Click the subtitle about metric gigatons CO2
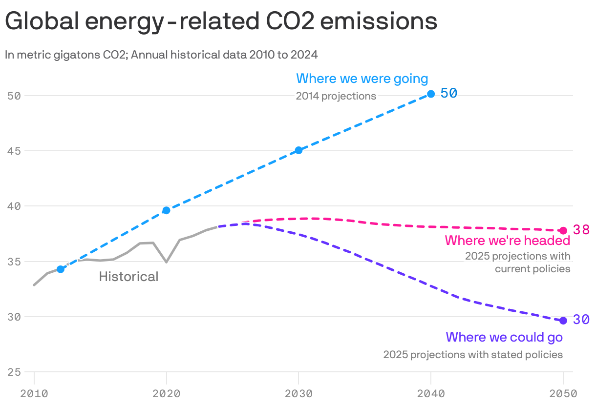pos(161,55)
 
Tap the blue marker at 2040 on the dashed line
pos(431,94)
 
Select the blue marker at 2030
pos(298,150)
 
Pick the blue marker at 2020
pos(166,210)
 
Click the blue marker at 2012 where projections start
pos(61,269)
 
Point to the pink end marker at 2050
pos(563,230)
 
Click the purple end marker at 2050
pos(563,321)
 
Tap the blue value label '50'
pos(448,93)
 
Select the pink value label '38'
pos(581,229)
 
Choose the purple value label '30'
pos(581,320)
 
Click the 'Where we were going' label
pos(362,79)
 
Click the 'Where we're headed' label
pos(508,241)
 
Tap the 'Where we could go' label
pos(504,337)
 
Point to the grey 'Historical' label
pos(128,277)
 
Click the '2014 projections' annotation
pos(336,96)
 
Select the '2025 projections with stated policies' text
pos(473,355)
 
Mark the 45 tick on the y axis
pos(14,151)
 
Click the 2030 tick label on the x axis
pos(298,394)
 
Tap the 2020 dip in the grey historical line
pos(167,262)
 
